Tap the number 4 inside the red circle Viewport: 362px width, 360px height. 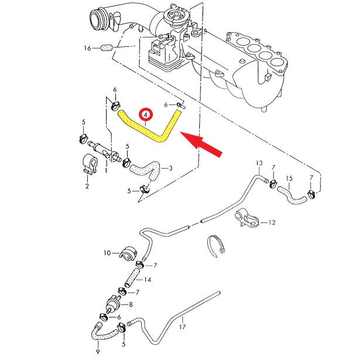[144, 114]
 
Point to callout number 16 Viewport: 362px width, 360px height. [88, 48]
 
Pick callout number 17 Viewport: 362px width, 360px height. [182, 327]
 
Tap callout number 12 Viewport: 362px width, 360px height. [271, 222]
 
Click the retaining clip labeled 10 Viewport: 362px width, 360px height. [128, 253]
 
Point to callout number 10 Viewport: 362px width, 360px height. [107, 253]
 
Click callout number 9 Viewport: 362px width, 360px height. [97, 351]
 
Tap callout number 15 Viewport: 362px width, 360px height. [288, 178]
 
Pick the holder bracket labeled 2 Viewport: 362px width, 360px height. [89, 164]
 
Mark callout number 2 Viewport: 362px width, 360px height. [87, 186]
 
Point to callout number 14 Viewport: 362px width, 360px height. [148, 280]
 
